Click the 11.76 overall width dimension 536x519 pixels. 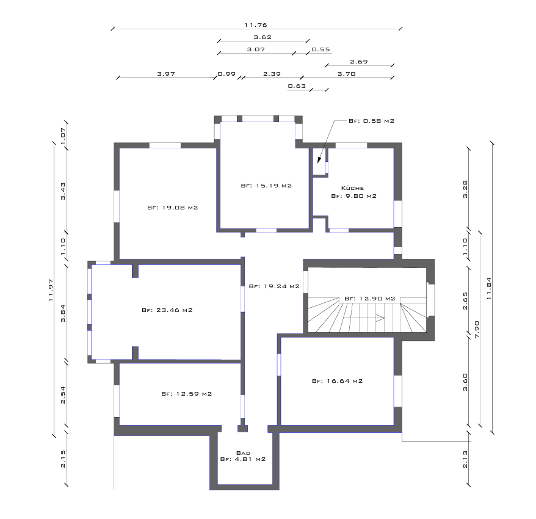256,25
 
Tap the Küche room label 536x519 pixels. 352,188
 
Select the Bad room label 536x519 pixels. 243,453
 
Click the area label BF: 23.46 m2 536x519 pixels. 167,310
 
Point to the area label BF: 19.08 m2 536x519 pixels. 173,208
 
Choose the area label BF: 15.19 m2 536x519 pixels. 266,186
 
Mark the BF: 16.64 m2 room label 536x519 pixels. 338,381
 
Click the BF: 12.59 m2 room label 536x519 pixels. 187,394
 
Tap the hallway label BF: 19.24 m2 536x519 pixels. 274,286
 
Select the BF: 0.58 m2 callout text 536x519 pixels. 372,121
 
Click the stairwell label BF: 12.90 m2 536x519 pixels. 370,299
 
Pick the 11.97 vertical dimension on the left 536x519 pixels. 51,290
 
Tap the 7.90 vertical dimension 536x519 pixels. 477,329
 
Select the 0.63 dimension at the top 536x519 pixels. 297,86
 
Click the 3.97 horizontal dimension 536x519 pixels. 166,74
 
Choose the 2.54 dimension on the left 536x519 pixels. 63,395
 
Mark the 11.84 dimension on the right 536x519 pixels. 489,288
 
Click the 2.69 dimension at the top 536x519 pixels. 359,62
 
